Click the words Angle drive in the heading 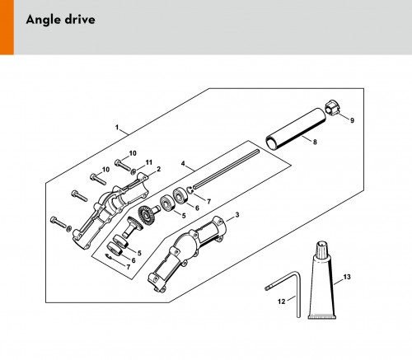(x=60, y=20)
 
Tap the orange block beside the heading (x=7, y=27)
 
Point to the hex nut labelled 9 (x=332, y=109)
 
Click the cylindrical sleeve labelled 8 (x=296, y=129)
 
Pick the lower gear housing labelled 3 (x=188, y=251)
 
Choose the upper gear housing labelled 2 (x=110, y=209)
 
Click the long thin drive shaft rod (x=226, y=168)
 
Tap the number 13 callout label (x=347, y=277)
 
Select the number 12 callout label (x=282, y=302)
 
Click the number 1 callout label (x=117, y=128)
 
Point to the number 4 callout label (x=183, y=164)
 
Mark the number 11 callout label (x=148, y=162)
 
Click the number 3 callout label (x=237, y=214)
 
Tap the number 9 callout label (x=352, y=120)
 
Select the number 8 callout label (x=315, y=142)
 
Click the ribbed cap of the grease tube (x=321, y=250)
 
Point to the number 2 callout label (x=158, y=169)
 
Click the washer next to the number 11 (x=133, y=171)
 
